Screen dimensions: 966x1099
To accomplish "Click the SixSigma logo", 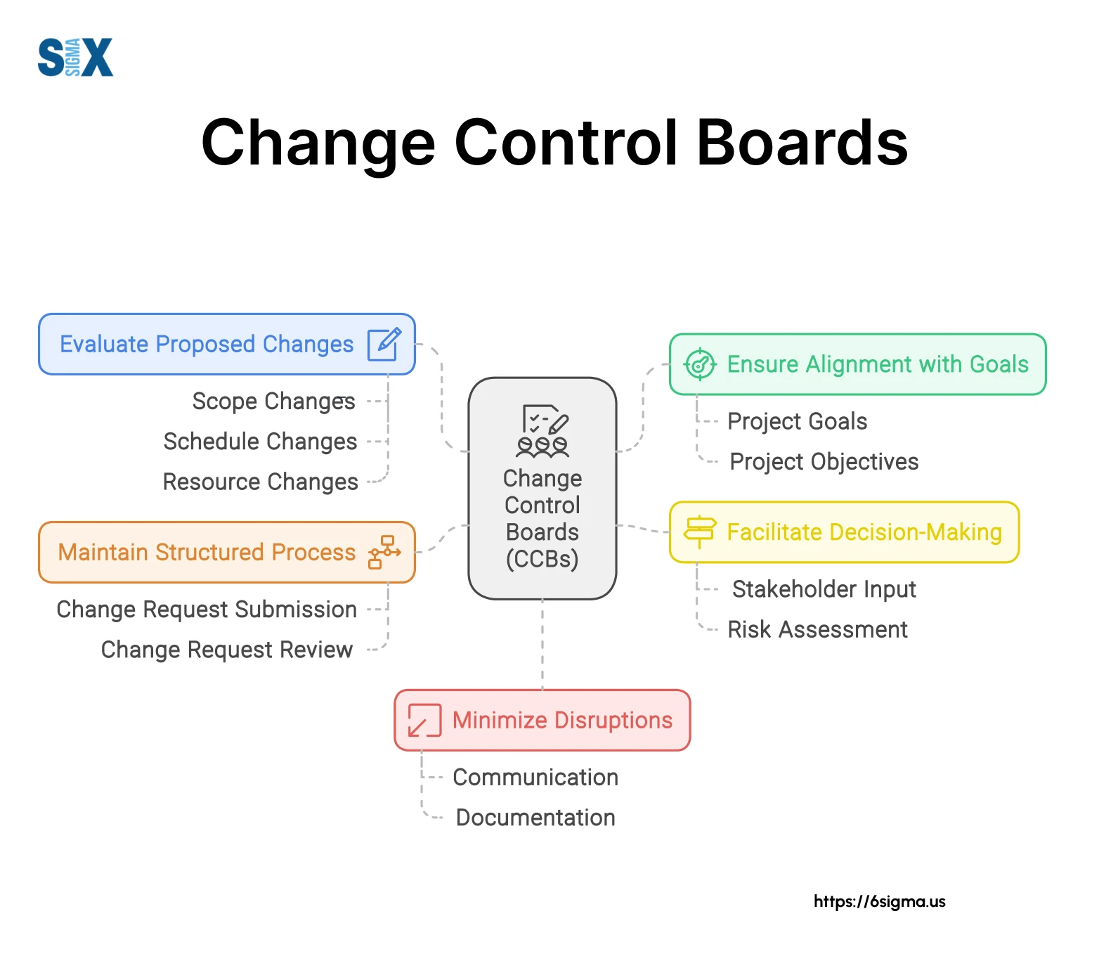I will [x=75, y=57].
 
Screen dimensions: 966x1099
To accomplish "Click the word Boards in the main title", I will [x=802, y=143].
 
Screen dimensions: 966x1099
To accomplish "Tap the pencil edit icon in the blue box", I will [x=384, y=344].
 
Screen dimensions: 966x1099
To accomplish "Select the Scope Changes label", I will [x=273, y=401].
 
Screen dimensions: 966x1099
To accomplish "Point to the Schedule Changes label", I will [x=260, y=442].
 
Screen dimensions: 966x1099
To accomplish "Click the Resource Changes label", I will [x=260, y=482].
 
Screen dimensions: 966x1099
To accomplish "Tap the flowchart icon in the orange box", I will [x=384, y=552].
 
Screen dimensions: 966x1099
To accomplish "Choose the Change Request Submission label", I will [x=207, y=610].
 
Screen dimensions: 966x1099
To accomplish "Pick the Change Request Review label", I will [x=226, y=650].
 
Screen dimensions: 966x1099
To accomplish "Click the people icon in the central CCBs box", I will [x=542, y=446].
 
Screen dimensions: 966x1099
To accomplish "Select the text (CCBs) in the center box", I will [x=542, y=559].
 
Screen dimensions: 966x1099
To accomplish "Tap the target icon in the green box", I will [x=700, y=364].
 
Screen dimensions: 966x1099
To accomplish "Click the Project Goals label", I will [x=797, y=421].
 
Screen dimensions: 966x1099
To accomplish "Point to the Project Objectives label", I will [x=824, y=462].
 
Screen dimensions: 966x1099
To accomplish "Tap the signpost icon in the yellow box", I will [x=700, y=532].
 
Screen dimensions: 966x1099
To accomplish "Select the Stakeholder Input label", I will [x=824, y=589].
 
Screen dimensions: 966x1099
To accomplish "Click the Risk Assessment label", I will [x=817, y=629].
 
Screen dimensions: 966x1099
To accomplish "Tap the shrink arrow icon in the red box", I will [x=424, y=720].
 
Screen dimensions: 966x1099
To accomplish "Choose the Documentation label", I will [x=535, y=818].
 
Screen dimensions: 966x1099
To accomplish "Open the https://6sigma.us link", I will [x=879, y=901].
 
